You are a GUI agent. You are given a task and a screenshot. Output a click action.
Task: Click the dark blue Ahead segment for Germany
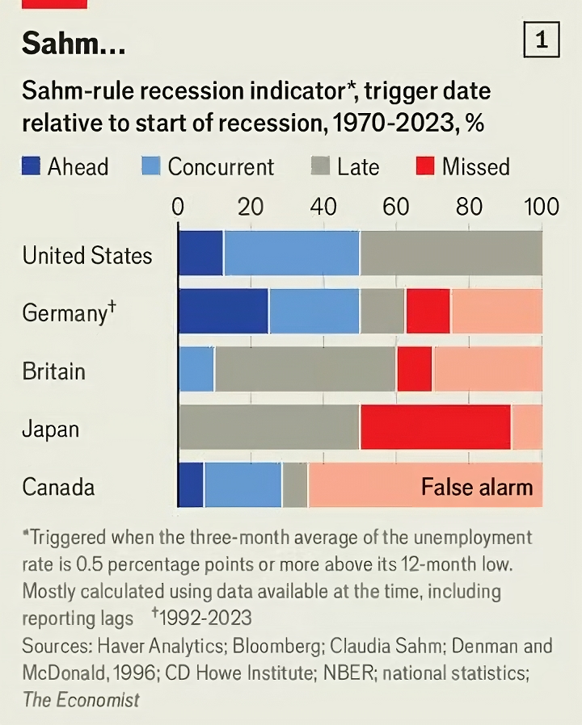click(x=223, y=311)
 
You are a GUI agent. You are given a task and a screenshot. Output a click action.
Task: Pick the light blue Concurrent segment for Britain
click(x=196, y=369)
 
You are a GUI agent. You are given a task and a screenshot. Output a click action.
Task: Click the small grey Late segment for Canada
click(x=295, y=485)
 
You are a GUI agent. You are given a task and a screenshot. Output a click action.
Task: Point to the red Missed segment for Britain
click(x=415, y=369)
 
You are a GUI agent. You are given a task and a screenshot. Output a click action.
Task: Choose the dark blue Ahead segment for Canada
click(x=191, y=485)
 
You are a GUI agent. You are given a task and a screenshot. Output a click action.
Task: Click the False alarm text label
click(x=477, y=487)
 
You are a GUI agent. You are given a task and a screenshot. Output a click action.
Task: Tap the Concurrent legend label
click(x=221, y=167)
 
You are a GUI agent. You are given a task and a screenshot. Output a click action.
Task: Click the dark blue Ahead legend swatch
click(x=31, y=167)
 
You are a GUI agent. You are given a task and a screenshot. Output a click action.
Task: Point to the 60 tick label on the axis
click(x=396, y=207)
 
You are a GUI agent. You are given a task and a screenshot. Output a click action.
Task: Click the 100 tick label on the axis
click(x=541, y=207)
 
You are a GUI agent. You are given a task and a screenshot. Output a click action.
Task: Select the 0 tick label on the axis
click(x=178, y=207)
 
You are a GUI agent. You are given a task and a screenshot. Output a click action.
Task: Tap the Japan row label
click(x=50, y=428)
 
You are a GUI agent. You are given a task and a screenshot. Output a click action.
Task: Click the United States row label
click(x=87, y=256)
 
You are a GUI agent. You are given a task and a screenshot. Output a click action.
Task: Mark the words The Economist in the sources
click(x=81, y=699)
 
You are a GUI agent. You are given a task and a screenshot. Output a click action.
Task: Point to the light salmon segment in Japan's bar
click(x=527, y=427)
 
